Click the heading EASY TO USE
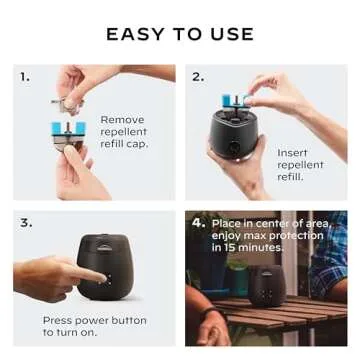pos(180,34)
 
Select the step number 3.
pos(25,222)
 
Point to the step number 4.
pos(198,222)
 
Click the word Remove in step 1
pos(121,119)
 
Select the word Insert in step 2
pos(292,153)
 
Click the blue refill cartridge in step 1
pos(73,129)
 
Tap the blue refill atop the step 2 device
pos(234,101)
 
